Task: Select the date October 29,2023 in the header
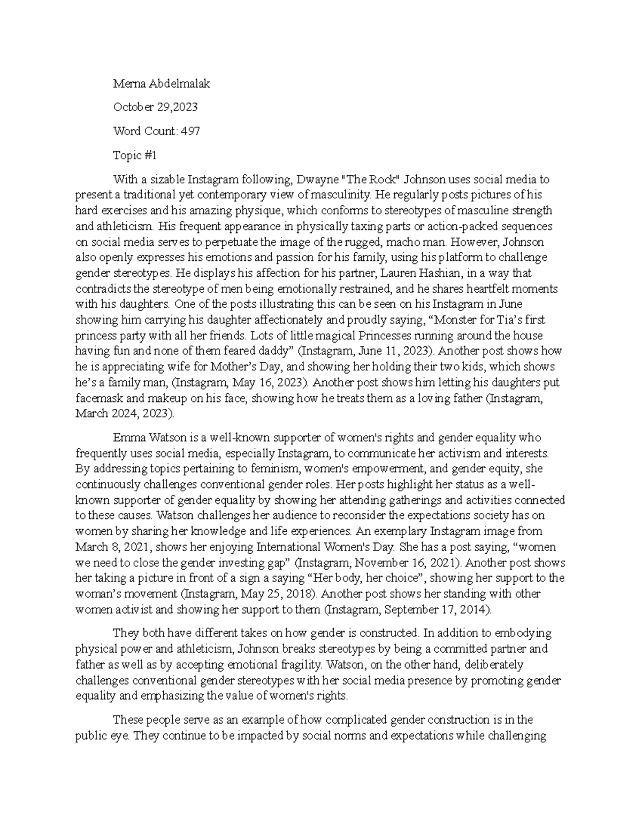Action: (x=155, y=107)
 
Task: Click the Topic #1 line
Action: (x=135, y=155)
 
